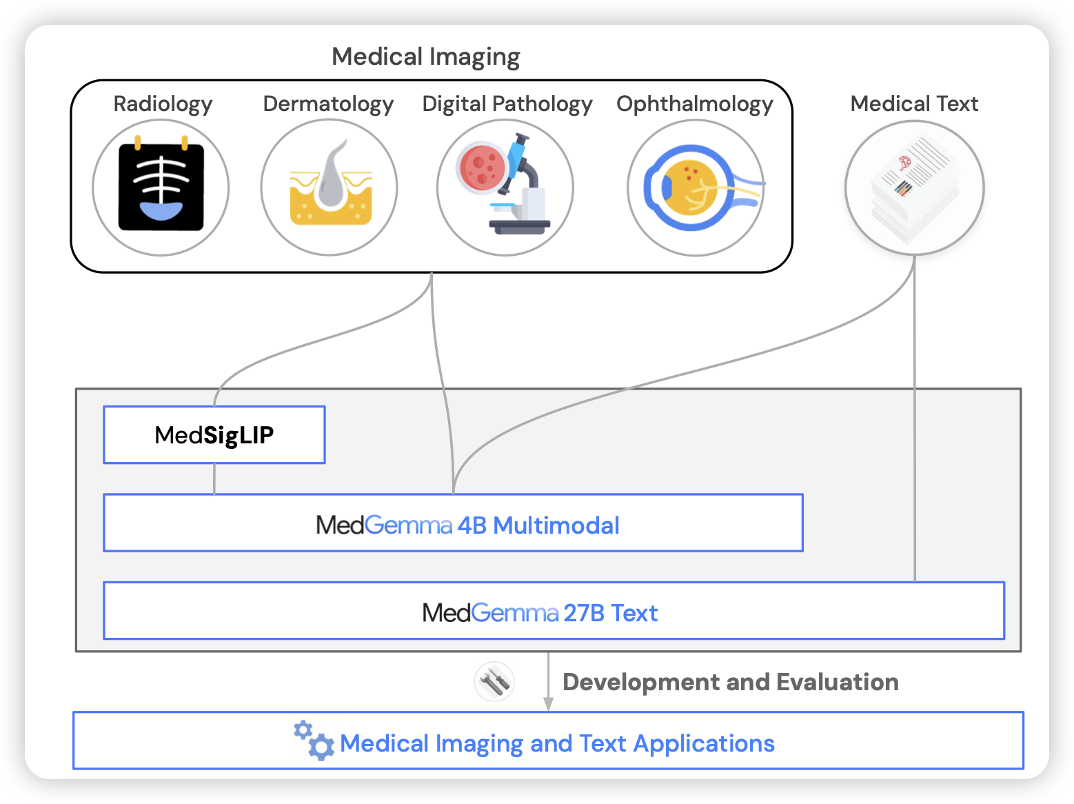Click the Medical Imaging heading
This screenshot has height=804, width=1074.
point(425,57)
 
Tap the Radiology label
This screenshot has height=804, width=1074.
point(163,104)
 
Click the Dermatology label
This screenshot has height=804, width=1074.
point(328,104)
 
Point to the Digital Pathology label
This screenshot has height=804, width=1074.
point(507,104)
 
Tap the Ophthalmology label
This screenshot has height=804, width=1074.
point(694,104)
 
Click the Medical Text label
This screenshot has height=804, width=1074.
point(914,104)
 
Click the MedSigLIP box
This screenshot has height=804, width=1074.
point(214,435)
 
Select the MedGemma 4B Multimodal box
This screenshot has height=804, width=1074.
point(453,523)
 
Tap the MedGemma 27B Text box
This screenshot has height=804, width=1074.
point(554,612)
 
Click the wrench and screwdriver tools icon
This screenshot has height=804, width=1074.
point(494,681)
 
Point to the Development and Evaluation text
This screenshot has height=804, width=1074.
point(730,682)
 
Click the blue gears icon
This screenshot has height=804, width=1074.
point(314,741)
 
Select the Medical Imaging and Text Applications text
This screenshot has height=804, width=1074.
point(557,743)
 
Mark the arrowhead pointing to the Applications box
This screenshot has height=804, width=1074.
point(548,703)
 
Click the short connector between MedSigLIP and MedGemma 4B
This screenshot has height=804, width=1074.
point(214,479)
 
